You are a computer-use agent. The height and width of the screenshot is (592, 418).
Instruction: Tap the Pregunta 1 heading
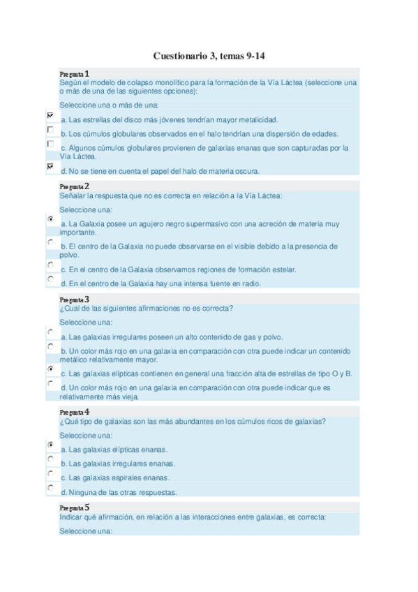coord(75,74)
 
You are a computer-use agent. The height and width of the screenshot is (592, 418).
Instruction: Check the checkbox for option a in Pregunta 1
coord(50,115)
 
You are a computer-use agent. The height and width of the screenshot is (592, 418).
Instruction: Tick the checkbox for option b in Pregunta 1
coord(50,130)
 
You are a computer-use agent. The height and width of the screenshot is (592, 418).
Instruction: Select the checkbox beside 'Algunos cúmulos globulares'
coord(50,144)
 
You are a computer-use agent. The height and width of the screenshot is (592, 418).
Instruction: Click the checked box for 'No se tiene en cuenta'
coord(50,167)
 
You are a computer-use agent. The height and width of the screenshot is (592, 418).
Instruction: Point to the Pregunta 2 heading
coord(75,186)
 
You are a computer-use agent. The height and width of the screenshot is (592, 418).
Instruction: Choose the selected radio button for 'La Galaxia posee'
coord(50,219)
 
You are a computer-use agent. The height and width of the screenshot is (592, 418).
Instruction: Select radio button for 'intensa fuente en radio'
coord(50,279)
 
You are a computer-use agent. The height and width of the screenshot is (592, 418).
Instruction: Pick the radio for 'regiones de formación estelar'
coord(50,265)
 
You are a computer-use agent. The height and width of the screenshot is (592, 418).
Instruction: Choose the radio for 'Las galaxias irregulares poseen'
coord(50,332)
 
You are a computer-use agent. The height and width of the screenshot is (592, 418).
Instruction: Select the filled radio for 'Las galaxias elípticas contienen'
coord(50,369)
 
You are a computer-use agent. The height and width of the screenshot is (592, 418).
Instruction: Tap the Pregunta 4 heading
coord(75,412)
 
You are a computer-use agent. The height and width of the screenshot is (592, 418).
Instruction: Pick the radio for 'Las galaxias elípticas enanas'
coord(50,445)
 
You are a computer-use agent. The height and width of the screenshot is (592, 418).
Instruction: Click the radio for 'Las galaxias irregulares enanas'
coord(50,459)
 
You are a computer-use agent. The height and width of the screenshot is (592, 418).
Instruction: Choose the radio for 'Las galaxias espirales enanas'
coord(50,473)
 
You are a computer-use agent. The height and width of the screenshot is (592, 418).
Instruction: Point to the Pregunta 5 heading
coord(75,508)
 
